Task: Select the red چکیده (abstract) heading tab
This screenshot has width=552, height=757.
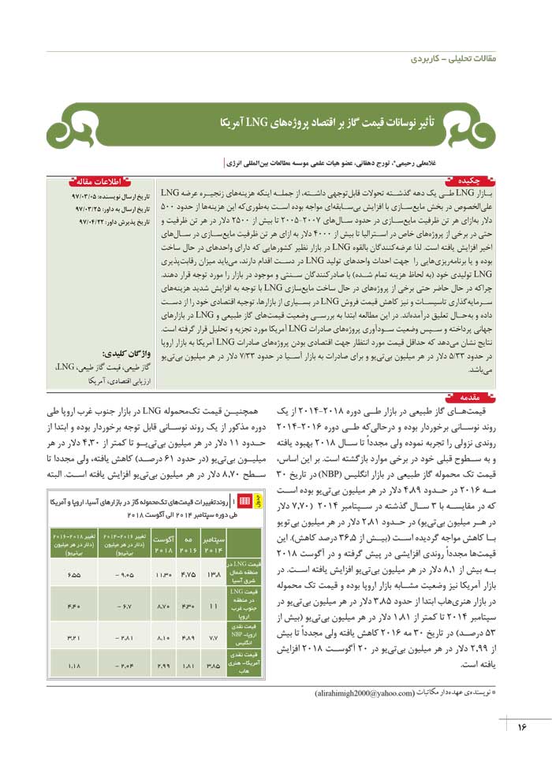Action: pyautogui.click(x=474, y=181)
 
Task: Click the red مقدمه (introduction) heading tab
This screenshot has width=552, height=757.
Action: pyautogui.click(x=473, y=399)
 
